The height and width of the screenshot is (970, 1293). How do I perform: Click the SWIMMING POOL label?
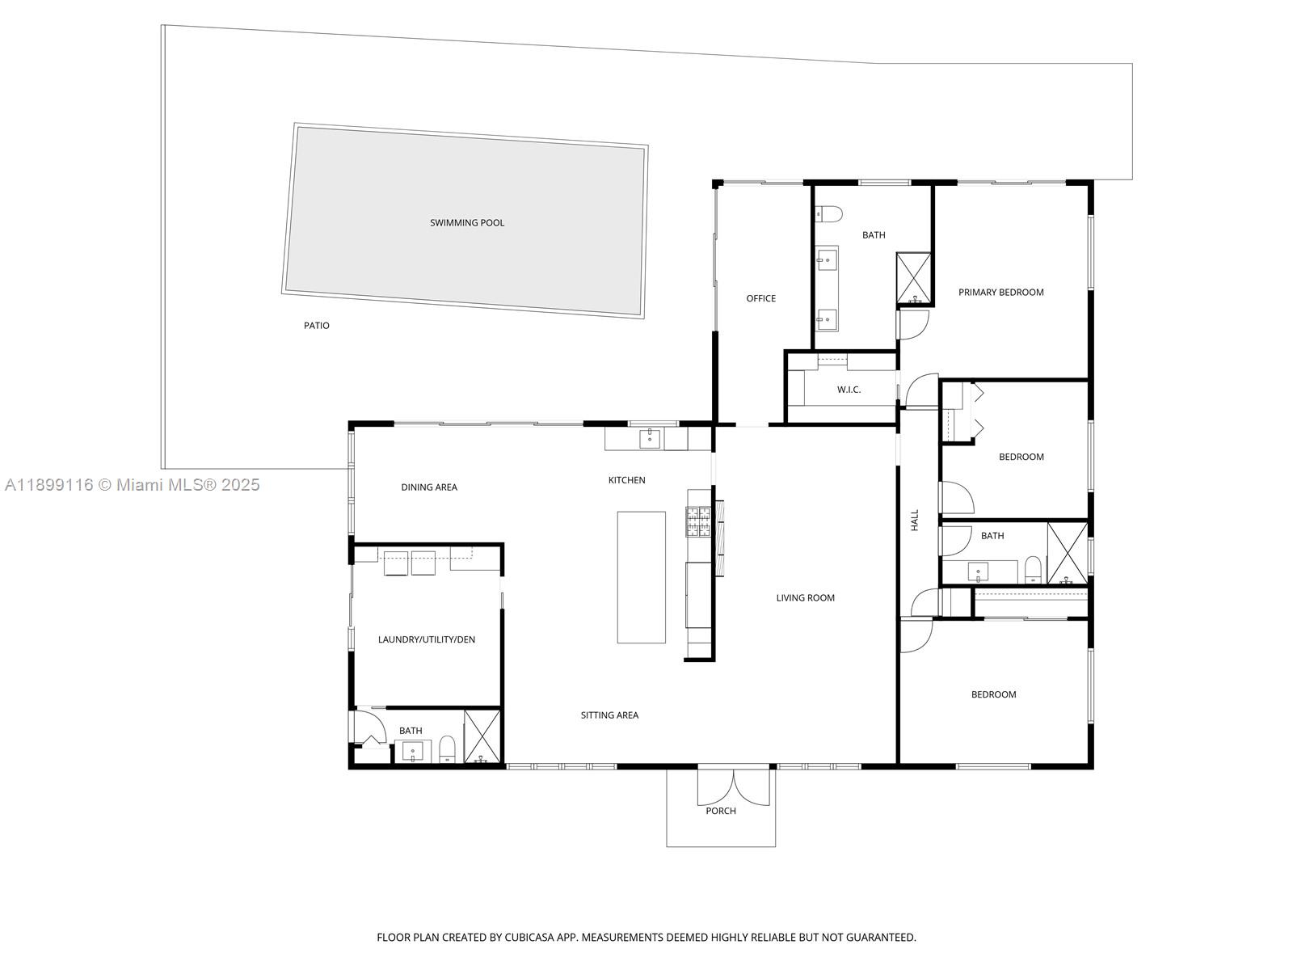click(x=466, y=223)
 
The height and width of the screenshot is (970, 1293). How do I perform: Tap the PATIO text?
click(x=316, y=326)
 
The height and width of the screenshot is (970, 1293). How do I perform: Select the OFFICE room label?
click(x=760, y=299)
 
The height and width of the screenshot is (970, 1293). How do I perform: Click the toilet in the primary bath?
click(x=828, y=214)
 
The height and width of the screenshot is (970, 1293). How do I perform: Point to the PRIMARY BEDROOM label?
click(x=1000, y=293)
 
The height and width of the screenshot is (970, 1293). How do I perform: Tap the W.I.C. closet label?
click(x=849, y=390)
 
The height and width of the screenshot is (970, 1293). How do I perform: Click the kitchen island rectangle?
click(x=641, y=577)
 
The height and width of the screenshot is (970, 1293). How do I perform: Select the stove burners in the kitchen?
click(x=698, y=521)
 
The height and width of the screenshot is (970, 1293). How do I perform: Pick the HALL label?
click(x=915, y=520)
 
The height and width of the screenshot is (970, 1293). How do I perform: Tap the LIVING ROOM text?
click(x=805, y=598)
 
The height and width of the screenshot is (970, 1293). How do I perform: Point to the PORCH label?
click(x=720, y=811)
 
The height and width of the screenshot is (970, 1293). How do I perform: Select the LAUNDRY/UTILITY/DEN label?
click(x=426, y=640)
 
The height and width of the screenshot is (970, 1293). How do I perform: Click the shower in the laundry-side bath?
click(x=482, y=736)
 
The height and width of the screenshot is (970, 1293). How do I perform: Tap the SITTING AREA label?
click(x=609, y=715)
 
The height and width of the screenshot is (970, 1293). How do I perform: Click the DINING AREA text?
click(x=429, y=487)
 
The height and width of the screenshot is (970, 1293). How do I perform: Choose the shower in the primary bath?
click(x=914, y=279)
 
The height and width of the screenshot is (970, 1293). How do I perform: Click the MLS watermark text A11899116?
click(x=48, y=485)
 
